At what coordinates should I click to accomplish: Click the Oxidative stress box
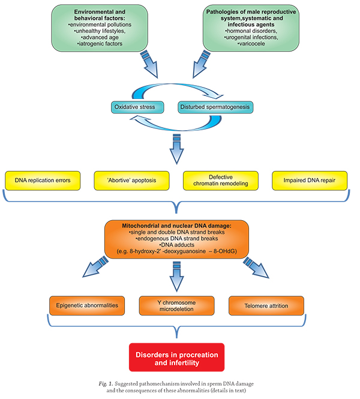tap(137, 107)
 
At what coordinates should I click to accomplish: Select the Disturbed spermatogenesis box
tap(215, 107)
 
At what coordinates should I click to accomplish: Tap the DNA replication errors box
tap(43, 181)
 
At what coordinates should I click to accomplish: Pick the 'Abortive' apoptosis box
tap(131, 181)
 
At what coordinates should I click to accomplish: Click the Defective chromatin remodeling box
tap(221, 181)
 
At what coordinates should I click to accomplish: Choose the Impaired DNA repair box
tap(310, 181)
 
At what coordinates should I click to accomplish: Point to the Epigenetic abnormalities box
tap(87, 305)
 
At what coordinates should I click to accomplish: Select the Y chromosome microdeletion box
tap(176, 305)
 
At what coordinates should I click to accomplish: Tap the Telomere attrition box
tap(266, 305)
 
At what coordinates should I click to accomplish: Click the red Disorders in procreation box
tap(177, 357)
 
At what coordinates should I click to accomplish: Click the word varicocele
tap(252, 44)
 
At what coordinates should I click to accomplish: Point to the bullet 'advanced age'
tap(100, 37)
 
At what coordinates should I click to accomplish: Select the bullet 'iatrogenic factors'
tap(100, 44)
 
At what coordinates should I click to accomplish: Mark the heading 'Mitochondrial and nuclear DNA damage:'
tap(177, 226)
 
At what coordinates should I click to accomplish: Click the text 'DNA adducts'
tap(177, 245)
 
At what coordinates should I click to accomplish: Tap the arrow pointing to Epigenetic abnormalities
tap(95, 266)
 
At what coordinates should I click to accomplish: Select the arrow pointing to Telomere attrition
tap(256, 268)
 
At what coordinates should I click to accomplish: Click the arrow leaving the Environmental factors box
tap(149, 64)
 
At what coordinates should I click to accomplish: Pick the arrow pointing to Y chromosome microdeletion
tap(176, 277)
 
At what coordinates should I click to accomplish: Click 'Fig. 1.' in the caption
tap(106, 384)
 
